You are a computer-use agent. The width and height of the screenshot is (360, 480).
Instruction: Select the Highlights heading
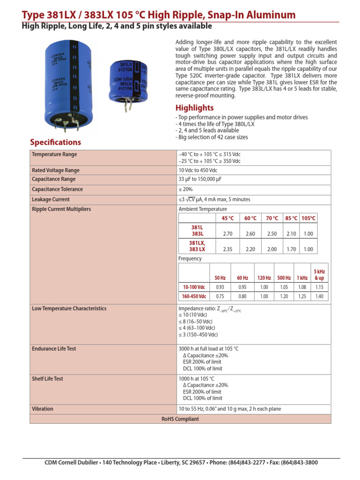(194, 108)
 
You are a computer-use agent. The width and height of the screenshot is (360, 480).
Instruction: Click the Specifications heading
(55, 142)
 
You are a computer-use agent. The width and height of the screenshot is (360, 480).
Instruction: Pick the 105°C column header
(308, 218)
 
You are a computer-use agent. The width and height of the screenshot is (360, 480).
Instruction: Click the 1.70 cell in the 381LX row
(291, 249)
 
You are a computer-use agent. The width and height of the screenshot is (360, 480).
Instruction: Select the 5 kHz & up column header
(319, 275)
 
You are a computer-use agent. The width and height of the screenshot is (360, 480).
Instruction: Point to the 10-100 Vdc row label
(194, 287)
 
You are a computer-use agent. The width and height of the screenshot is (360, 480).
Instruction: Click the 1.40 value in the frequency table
(319, 296)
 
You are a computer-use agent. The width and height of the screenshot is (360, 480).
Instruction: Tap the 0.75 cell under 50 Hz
(219, 296)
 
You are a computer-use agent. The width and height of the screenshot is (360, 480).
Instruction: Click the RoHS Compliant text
(180, 419)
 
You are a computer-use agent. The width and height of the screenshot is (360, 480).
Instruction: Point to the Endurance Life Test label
(53, 349)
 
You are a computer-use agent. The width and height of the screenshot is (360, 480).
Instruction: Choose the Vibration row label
(43, 409)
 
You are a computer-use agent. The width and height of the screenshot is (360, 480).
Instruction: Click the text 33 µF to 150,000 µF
(202, 179)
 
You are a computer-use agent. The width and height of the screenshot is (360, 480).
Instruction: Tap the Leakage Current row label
(51, 199)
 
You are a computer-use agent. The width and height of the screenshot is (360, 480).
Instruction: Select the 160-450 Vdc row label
(194, 296)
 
